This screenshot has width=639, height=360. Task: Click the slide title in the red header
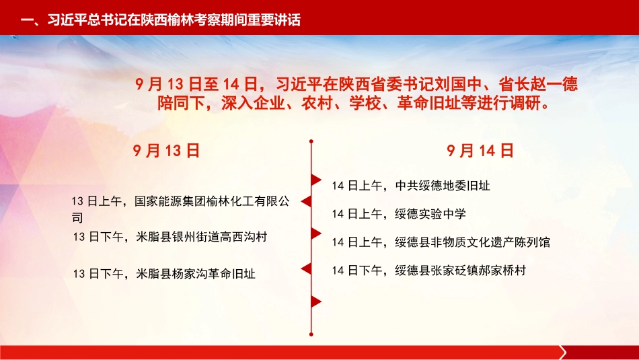pos(161,20)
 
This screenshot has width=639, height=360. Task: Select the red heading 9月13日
pos(166,151)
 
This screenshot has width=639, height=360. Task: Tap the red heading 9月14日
pos(480,151)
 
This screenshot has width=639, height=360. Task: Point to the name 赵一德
pos(554,84)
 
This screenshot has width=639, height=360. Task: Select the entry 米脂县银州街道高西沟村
pos(202,237)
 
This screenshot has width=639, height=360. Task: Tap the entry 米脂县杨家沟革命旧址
pos(196,274)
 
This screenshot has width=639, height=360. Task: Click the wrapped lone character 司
pos(77,218)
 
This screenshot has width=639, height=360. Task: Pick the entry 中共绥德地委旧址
pos(443,186)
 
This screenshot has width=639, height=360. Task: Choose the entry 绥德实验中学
pos(430,214)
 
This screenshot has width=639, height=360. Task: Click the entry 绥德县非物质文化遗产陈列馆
pos(472,242)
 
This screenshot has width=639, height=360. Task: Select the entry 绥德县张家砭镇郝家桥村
pos(461,271)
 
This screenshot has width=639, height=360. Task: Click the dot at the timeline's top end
pos(311,141)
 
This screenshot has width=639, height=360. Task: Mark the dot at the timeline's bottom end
pos(311,334)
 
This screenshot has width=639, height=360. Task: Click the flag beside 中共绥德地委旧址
pos(316,180)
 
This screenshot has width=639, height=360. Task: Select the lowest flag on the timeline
pos(316,301)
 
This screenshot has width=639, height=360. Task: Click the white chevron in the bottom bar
pos(563,352)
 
